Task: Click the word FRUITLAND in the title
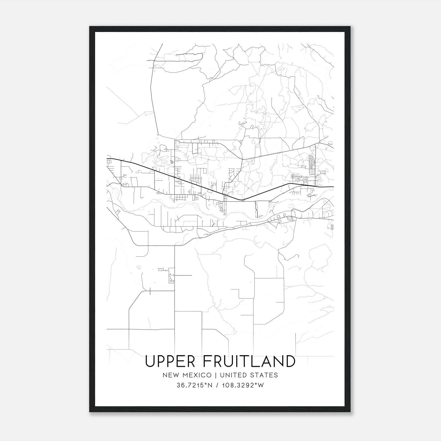point(249,361)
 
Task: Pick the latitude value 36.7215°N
point(195,385)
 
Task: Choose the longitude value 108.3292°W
point(243,385)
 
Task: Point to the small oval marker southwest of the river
point(139,267)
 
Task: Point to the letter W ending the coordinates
point(261,385)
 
